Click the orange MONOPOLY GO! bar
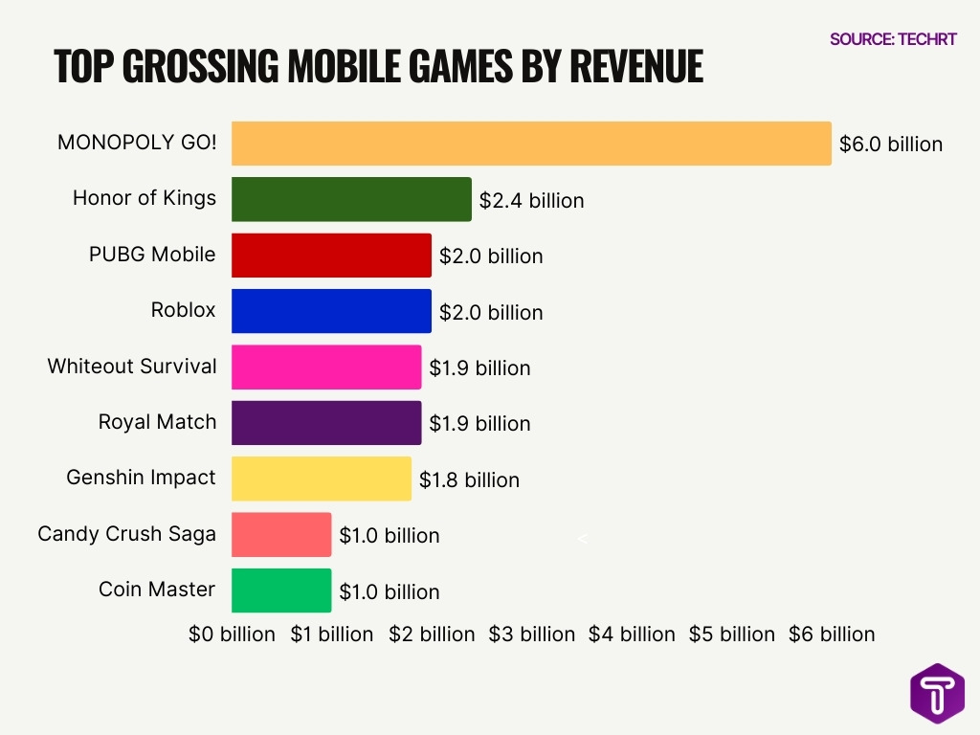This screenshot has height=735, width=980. [x=531, y=144]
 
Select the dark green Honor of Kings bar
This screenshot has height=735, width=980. [x=351, y=199]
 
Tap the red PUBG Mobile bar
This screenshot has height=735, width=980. [x=331, y=256]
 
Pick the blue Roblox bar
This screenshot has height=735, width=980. [x=331, y=311]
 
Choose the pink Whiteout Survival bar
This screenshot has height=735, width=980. [x=326, y=367]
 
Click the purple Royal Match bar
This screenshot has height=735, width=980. [x=326, y=423]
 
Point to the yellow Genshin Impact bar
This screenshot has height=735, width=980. [x=322, y=479]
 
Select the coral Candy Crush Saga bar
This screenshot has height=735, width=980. [x=281, y=534]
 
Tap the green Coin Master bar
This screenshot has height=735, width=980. [x=281, y=590]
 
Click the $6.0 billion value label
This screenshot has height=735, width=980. [x=890, y=145]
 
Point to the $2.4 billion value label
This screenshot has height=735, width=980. [x=531, y=201]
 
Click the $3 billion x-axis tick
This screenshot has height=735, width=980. [x=532, y=635]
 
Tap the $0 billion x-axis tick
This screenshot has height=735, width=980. [x=232, y=635]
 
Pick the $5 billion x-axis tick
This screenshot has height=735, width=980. [x=732, y=635]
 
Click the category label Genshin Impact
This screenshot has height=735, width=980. [x=142, y=478]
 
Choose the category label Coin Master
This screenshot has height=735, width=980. [x=157, y=590]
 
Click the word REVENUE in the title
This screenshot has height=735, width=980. [x=635, y=66]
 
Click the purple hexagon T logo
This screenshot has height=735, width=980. [x=937, y=693]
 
